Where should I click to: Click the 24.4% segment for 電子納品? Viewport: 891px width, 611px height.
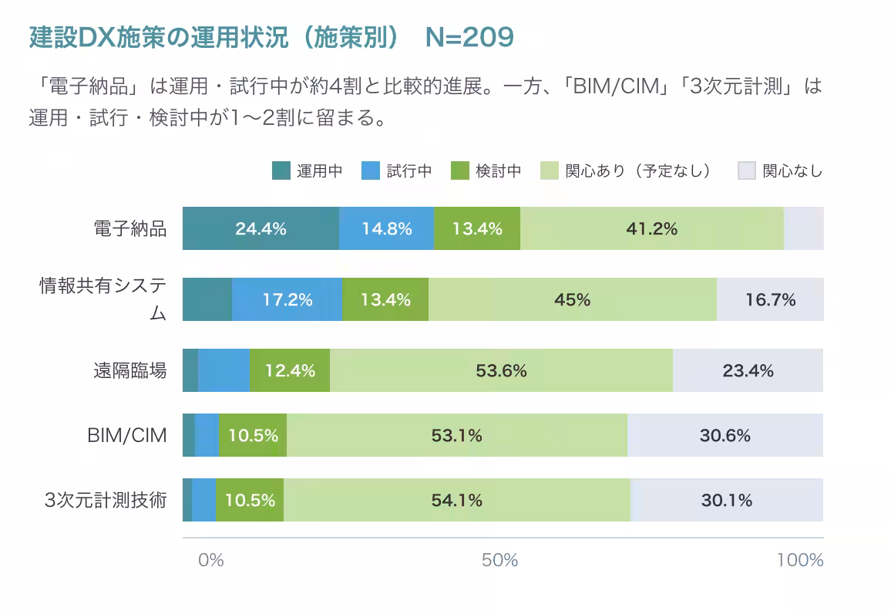click(x=261, y=228)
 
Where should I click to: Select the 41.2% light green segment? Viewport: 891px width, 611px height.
click(x=651, y=228)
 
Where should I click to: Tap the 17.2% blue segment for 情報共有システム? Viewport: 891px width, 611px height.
click(x=287, y=299)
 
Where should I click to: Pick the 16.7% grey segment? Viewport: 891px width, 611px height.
click(x=770, y=299)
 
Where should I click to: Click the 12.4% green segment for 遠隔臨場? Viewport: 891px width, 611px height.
click(x=290, y=370)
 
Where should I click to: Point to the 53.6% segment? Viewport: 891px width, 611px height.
click(x=501, y=370)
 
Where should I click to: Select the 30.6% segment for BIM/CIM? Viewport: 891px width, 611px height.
click(x=725, y=435)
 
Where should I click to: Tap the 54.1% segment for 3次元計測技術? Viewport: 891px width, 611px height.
click(x=456, y=500)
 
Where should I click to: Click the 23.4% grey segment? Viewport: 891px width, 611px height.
click(x=748, y=370)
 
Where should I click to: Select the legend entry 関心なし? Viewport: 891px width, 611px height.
click(x=780, y=170)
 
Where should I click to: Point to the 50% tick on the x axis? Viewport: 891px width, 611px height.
click(x=500, y=560)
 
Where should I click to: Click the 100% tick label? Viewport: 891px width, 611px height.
click(x=800, y=560)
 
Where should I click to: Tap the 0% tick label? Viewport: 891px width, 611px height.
click(x=210, y=560)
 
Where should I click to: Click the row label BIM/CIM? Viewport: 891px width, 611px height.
click(x=126, y=435)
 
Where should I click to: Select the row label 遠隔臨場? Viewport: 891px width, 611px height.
click(x=129, y=370)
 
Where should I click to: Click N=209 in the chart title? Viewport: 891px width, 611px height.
click(x=469, y=37)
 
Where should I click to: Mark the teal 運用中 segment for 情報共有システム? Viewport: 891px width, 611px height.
click(x=207, y=299)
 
